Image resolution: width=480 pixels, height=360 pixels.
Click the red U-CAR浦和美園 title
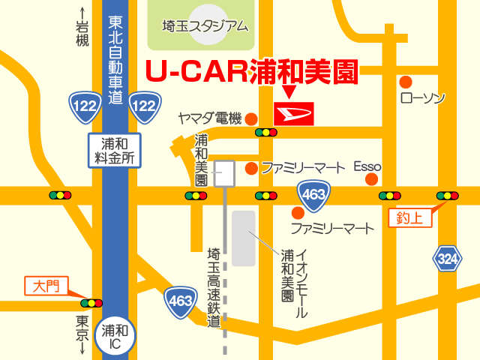point(251,72)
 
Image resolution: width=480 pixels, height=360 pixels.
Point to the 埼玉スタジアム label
point(205,26)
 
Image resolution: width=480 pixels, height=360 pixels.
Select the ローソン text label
point(423,98)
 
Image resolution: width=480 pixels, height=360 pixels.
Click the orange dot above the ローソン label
point(406,81)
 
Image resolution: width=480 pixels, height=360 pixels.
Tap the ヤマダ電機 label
point(209,118)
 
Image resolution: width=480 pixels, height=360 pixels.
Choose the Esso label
point(367,166)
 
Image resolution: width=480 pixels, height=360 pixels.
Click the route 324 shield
point(446,259)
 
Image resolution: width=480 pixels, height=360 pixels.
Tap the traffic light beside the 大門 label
point(91,303)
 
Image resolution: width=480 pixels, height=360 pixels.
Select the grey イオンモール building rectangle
point(243,238)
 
